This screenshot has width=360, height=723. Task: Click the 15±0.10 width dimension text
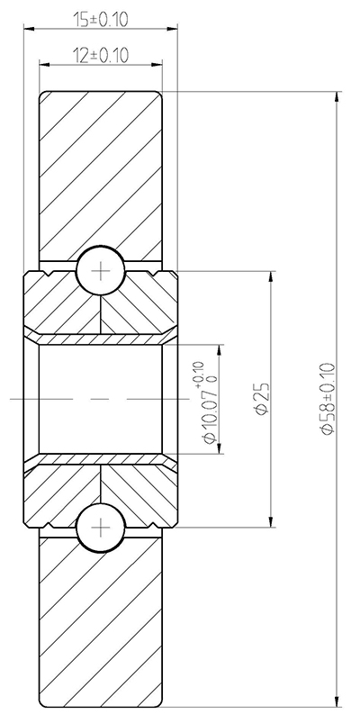tap(100, 19)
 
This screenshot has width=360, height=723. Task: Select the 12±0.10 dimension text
tap(100, 56)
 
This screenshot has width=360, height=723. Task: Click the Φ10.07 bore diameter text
tap(209, 413)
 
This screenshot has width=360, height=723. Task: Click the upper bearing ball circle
tap(101, 268)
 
